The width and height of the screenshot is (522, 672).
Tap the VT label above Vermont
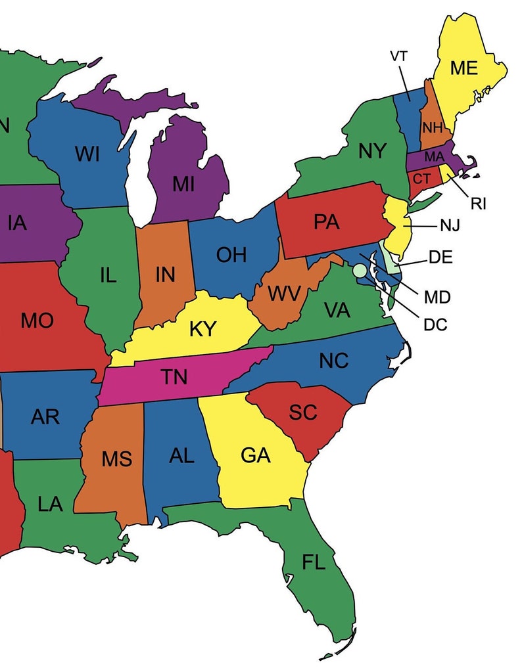click(399, 56)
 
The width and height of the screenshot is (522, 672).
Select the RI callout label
click(478, 204)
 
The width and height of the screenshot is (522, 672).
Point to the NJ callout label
click(450, 226)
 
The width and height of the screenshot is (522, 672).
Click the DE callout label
click(440, 257)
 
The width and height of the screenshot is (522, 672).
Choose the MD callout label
click(437, 297)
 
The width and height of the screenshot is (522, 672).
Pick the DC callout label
click(435, 324)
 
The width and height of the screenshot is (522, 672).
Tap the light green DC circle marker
click(359, 269)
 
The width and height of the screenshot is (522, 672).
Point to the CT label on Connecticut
click(422, 178)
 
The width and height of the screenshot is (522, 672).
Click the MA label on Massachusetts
click(434, 157)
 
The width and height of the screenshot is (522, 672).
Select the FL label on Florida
click(314, 562)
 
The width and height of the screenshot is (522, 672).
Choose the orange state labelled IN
click(164, 275)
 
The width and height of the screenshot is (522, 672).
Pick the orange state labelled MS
click(116, 459)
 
